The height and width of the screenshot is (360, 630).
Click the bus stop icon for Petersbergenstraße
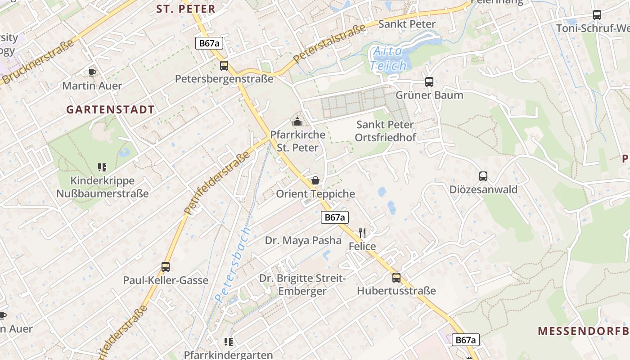coord(224,66)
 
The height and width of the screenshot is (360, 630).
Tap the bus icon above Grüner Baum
coord(429,82)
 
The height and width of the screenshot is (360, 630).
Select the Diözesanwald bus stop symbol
coord(483,176)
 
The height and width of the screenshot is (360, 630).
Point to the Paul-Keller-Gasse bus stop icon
coord(166,267)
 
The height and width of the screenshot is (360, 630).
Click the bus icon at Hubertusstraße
coord(396,278)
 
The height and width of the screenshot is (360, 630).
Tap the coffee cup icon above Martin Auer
coord(92,72)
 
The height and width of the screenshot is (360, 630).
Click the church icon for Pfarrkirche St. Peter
coord(297,121)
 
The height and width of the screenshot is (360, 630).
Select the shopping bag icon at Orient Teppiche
coord(315,180)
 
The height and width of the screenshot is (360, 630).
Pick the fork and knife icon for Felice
coord(362,233)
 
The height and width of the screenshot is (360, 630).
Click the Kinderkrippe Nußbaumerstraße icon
coord(102,167)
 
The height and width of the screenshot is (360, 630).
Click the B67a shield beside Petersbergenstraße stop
coord(209,43)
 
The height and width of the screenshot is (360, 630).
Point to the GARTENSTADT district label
coord(110,109)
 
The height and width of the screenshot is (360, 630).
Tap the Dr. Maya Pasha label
coord(303,240)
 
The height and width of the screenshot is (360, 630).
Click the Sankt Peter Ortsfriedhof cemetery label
coord(385,131)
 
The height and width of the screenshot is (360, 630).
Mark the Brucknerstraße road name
coord(38,62)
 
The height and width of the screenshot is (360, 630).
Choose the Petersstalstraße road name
coord(329,44)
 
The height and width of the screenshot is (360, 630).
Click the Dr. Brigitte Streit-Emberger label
coord(302,284)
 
